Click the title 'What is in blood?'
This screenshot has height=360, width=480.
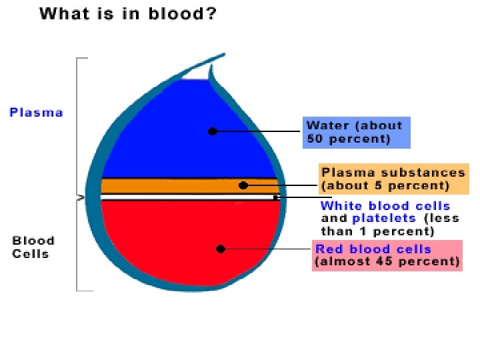[127, 15]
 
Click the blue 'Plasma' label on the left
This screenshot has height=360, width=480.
[36, 113]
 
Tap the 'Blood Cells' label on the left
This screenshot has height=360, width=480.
[33, 247]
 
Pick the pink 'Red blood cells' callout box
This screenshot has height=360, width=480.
[388, 255]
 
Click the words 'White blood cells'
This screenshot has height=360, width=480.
[385, 206]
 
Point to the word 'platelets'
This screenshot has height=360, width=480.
[384, 218]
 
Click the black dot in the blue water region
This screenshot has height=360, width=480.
[212, 131]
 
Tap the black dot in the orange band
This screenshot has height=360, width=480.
[243, 185]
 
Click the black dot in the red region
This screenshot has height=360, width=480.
[221, 249]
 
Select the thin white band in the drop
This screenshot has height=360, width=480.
[187, 197]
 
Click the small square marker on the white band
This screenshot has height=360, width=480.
[275, 197]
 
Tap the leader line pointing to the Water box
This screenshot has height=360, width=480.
[260, 131]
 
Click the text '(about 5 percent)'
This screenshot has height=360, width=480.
[385, 185]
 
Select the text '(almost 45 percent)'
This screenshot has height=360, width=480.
[387, 262]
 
